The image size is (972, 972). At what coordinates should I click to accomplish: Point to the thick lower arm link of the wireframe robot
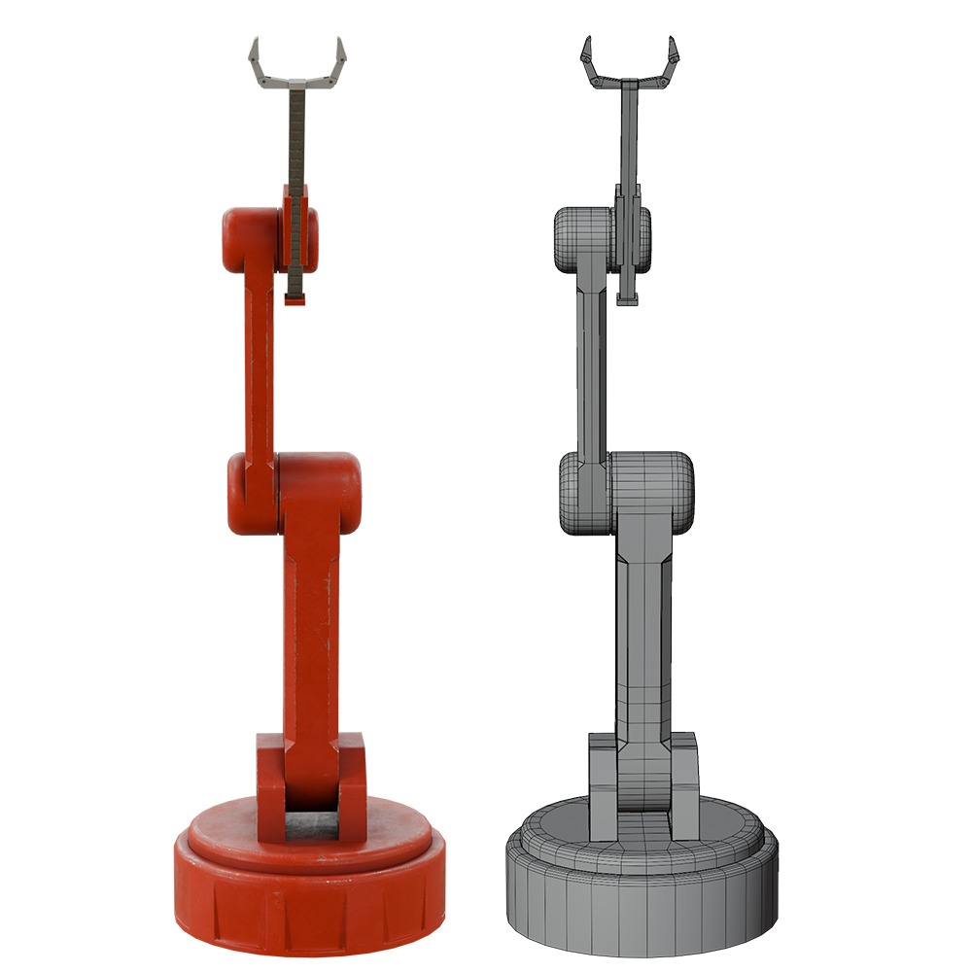643,642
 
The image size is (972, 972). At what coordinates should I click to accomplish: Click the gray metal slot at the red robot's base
311,827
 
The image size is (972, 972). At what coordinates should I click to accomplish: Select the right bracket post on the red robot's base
352,787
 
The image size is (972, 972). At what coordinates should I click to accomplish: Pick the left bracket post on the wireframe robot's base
603,787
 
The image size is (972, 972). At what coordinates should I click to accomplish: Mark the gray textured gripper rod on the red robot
297,146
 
